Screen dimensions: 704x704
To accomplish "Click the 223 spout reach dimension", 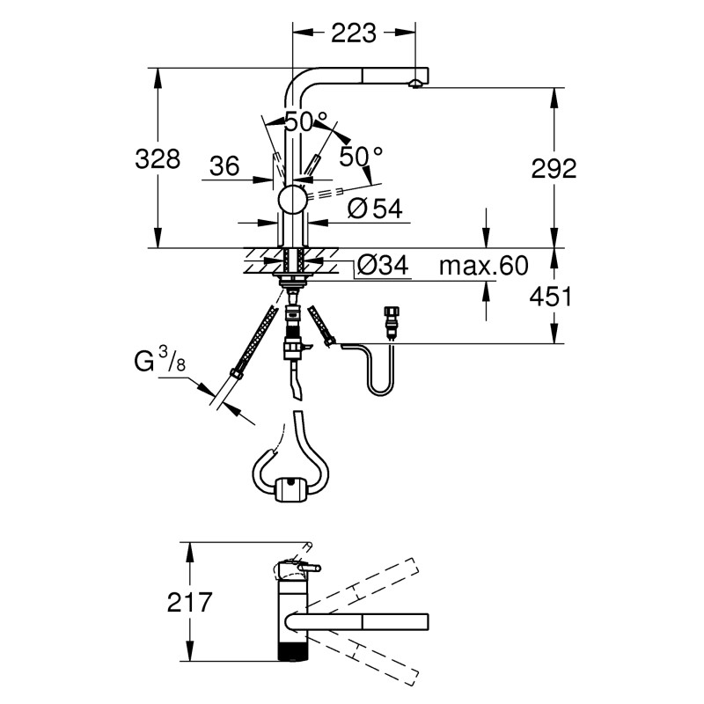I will pos(354,33).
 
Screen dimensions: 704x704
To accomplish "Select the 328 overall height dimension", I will pos(158,159).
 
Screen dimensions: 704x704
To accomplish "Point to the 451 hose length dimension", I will pos(552,297).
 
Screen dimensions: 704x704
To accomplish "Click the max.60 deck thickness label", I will pos(482,266).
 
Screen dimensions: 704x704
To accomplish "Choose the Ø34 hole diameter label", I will pos(384,266).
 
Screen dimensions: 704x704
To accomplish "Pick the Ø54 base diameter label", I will pos(374,209).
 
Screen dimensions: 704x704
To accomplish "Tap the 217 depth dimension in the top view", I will pos(189,603).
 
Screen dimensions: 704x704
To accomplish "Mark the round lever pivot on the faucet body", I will pos(291,200).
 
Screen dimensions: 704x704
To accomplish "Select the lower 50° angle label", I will pos(362,157).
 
